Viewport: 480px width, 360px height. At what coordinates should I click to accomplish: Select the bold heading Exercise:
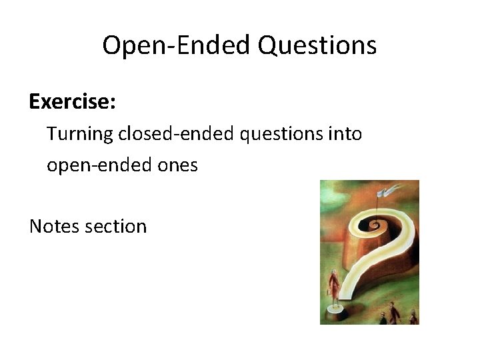pyautogui.click(x=73, y=102)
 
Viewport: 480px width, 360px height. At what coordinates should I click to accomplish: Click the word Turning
pyautogui.click(x=81, y=134)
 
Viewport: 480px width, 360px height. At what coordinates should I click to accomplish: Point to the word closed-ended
pyautogui.click(x=177, y=134)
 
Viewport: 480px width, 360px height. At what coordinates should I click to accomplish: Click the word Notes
pyautogui.click(x=55, y=226)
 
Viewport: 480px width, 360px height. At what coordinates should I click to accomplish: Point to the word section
pyautogui.click(x=116, y=226)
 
